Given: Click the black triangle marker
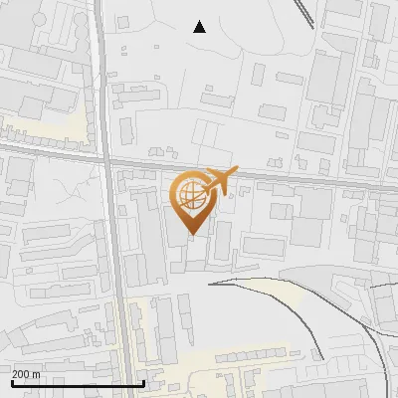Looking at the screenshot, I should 200,27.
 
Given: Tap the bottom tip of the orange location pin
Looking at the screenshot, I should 190,235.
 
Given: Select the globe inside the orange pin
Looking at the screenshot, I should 190,195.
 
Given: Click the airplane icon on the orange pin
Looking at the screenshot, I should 217,182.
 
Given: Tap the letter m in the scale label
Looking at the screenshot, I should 37,373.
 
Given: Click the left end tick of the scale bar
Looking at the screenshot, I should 12,383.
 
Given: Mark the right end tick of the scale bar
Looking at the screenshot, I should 145,383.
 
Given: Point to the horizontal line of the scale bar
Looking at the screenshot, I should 79,384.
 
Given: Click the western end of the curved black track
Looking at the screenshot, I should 210,284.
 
